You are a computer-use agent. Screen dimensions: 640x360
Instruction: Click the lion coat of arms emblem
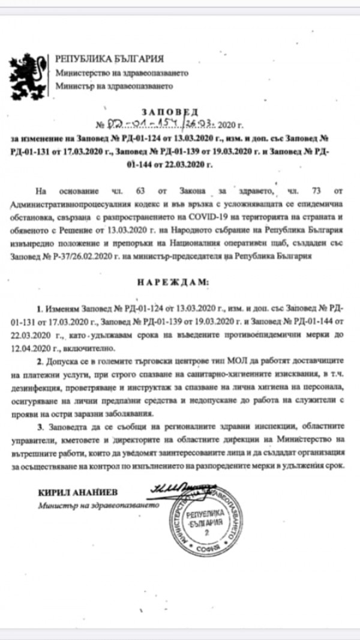(x=28, y=74)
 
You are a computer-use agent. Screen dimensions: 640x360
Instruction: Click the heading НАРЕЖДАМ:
(x=179, y=281)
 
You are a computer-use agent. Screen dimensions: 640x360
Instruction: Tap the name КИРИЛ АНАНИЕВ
(x=71, y=492)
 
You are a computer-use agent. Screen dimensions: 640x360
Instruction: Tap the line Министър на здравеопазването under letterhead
(x=114, y=86)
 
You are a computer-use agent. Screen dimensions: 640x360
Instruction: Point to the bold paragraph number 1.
(x=40, y=309)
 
